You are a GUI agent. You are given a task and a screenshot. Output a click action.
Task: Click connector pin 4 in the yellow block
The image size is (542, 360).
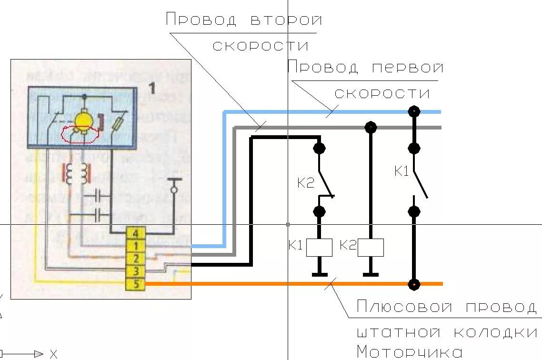(x=136, y=234)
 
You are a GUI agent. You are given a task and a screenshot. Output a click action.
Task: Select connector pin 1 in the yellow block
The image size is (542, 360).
(x=136, y=246)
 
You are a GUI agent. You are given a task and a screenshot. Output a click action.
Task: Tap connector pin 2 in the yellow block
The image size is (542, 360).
(x=136, y=259)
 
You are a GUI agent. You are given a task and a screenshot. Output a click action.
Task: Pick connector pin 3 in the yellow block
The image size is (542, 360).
(x=136, y=271)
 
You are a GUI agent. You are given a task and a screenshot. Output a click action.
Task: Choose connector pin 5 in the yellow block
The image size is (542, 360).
(x=136, y=284)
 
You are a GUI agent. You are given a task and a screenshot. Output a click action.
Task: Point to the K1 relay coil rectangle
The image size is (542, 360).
(x=319, y=248)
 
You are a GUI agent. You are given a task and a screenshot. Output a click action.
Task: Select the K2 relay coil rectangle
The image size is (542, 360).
(x=371, y=248)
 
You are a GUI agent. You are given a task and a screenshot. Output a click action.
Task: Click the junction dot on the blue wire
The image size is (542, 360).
(x=414, y=112)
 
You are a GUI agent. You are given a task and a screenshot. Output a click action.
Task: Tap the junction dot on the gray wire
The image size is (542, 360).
(x=371, y=127)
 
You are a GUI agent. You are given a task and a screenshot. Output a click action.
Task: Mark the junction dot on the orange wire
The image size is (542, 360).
(x=414, y=284)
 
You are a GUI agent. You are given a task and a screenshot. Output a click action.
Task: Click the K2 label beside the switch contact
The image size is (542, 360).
(x=306, y=183)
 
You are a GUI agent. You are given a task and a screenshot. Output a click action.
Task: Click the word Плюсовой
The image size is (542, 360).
(x=404, y=307)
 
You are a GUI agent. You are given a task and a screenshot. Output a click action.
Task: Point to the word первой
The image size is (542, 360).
(x=407, y=68)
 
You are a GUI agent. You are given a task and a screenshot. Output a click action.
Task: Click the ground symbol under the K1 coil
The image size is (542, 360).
(x=319, y=274)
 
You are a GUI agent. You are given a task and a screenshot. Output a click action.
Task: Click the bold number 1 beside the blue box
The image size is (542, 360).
(x=152, y=88)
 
